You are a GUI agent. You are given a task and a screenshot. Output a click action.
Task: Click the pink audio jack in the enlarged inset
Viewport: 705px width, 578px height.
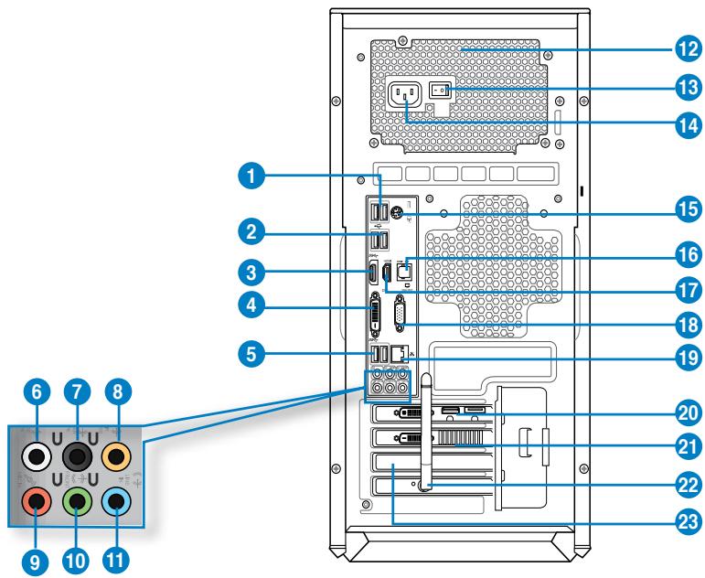(37, 500)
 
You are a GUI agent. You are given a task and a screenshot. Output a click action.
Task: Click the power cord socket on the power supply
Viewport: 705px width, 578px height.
(404, 94)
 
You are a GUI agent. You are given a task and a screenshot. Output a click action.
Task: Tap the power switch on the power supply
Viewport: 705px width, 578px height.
(441, 91)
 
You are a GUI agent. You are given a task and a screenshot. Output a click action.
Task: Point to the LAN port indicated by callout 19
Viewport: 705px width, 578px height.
(400, 353)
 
